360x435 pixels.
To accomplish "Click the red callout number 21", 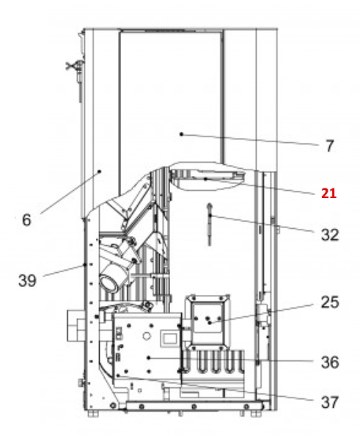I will [x=328, y=194].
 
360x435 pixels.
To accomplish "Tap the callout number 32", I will [x=329, y=235].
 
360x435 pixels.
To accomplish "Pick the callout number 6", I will [x=27, y=219].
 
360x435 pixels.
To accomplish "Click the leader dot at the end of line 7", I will [x=180, y=134].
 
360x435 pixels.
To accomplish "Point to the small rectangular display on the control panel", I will [x=167, y=337].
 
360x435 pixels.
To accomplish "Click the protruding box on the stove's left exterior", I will [x=76, y=323].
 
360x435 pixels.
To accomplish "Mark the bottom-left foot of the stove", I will [x=92, y=414].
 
